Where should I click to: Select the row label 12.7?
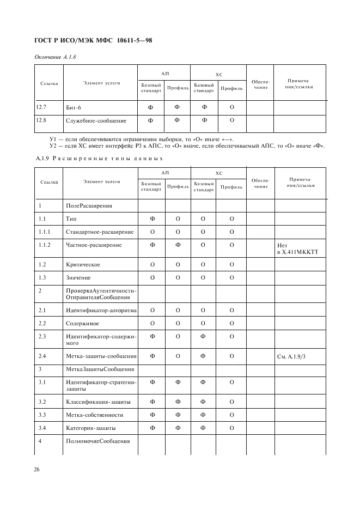41,107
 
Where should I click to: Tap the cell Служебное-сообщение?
96,120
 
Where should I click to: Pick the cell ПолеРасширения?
89,206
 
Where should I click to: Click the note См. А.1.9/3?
292,356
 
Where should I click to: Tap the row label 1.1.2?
45,245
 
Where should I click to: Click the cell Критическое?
83,264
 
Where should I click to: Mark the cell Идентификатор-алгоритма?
101,310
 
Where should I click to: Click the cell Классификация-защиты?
98,402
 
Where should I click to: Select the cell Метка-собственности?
94,415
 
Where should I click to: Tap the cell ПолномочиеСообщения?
97,441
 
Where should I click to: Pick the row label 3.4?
42,428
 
